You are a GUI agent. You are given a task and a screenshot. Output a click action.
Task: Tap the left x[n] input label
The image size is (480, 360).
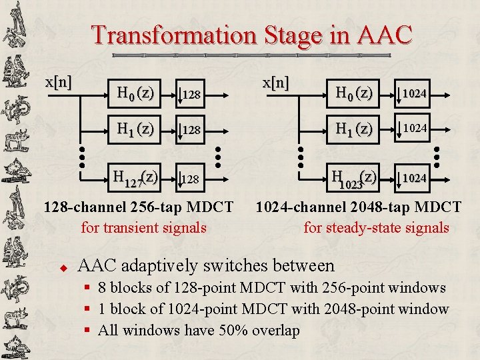point(58,83)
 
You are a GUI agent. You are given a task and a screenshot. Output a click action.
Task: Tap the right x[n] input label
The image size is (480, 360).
point(275,83)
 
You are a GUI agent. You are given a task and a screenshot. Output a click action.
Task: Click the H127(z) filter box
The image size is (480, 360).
point(135,178)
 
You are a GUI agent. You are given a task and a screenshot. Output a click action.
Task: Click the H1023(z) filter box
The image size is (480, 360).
point(353,178)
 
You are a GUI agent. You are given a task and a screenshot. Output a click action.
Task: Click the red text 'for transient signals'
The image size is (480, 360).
point(143,227)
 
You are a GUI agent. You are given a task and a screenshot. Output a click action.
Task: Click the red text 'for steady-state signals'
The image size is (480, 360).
point(376,227)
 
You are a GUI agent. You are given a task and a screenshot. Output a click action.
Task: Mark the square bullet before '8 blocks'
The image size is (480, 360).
point(87,288)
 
